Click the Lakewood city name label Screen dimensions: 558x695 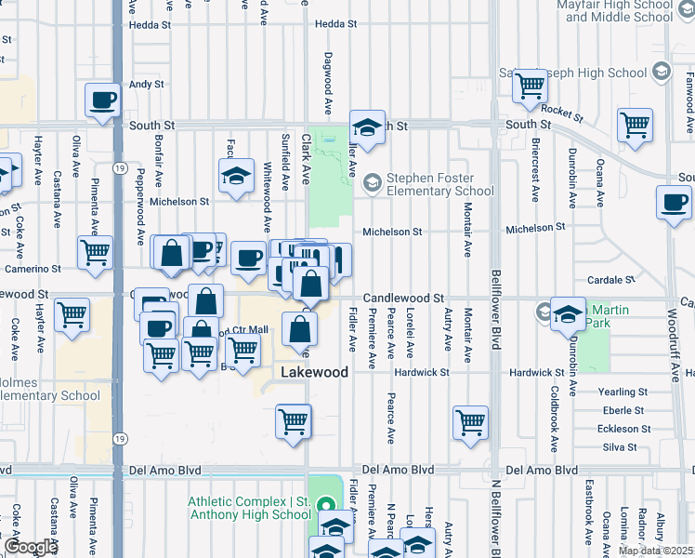point(315,372)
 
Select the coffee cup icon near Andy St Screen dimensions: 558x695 point(103,100)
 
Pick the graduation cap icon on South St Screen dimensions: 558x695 point(367,128)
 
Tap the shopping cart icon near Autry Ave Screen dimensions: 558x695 point(471,421)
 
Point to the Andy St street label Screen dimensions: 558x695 point(146,84)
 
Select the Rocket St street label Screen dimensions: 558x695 point(561,113)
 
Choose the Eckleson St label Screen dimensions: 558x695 point(620,429)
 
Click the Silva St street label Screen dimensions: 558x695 point(620,447)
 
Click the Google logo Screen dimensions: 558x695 point(31,547)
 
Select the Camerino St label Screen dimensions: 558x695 point(30,268)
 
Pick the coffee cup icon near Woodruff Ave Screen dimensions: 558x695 point(674,202)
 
